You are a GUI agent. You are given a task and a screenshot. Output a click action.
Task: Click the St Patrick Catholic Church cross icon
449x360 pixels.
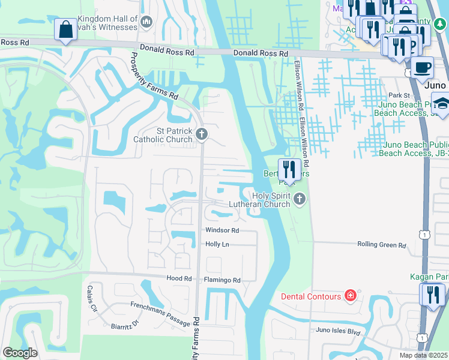[202, 134]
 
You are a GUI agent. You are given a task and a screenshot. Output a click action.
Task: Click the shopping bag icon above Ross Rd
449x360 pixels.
[65, 30]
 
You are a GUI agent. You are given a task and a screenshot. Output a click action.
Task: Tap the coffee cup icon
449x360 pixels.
[422, 67]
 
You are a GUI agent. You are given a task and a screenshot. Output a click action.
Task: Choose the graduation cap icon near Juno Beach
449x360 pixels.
[441, 104]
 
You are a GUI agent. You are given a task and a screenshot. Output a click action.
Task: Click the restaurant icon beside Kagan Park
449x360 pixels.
[430, 294]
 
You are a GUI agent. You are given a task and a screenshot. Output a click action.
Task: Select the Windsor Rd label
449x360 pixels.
[222, 230]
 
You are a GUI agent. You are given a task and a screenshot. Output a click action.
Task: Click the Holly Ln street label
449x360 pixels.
[217, 244]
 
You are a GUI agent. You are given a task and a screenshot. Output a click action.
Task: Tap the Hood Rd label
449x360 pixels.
[178, 279]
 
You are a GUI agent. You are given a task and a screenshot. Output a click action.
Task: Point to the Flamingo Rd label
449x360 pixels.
[223, 280]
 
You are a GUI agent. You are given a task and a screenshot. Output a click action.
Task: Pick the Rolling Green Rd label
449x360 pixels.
[382, 245]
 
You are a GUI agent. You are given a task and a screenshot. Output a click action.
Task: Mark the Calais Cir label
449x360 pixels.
[92, 299]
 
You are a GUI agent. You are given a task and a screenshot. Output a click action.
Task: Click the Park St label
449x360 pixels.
[398, 95]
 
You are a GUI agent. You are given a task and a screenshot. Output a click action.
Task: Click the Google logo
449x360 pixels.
[20, 353]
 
